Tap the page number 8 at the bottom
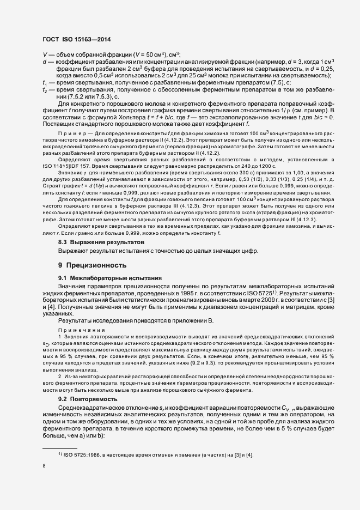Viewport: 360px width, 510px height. coord(44,466)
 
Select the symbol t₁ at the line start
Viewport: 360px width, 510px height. coord(44,82)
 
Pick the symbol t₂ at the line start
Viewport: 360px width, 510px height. coord(45,89)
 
